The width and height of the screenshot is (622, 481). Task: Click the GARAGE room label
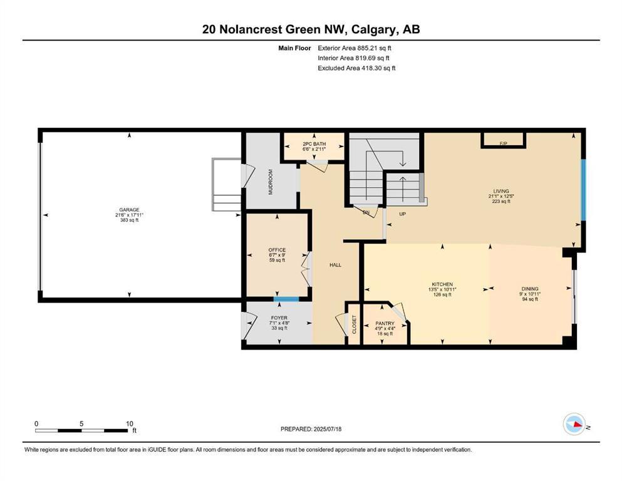click(130, 210)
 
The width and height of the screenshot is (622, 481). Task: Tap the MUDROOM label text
click(271, 182)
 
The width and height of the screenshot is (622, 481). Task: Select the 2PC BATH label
click(314, 143)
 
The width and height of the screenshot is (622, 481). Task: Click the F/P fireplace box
click(503, 143)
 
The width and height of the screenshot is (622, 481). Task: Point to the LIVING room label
click(501, 191)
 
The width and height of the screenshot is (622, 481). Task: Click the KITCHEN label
click(442, 284)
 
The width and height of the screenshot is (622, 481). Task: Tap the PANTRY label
click(385, 324)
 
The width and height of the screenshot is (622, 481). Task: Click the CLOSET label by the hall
click(354, 324)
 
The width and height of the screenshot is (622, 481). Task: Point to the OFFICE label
click(276, 251)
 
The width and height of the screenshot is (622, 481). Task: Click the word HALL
click(336, 266)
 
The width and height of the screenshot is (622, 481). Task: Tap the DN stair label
click(366, 213)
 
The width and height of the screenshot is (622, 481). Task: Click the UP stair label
click(404, 214)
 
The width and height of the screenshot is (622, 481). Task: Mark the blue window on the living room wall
click(583, 190)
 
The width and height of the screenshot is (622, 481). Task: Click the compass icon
click(574, 424)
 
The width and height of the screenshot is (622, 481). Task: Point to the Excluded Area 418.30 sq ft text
click(356, 68)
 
